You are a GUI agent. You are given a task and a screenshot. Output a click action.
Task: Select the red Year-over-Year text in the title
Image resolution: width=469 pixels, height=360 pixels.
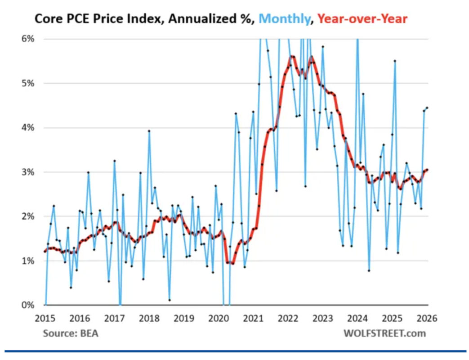coord(362,18)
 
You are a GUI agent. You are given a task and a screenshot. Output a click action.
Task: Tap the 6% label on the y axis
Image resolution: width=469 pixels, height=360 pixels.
coord(28,39)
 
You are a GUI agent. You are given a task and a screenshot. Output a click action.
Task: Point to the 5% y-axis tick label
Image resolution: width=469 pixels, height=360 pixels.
coord(28,83)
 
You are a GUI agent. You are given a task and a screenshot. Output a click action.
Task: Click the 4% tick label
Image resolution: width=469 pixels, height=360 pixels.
coord(28,128)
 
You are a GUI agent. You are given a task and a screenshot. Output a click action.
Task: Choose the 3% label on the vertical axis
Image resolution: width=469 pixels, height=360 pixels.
coord(28,172)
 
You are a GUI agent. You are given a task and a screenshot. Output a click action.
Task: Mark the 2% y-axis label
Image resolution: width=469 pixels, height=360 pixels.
coord(28,216)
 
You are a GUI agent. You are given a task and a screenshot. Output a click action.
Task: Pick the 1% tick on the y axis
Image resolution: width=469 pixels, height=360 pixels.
coord(28,261)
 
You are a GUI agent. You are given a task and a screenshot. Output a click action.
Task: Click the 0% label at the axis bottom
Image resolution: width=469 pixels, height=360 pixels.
coord(28,305)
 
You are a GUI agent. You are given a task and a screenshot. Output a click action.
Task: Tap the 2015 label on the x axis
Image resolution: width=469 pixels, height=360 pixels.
coord(45,318)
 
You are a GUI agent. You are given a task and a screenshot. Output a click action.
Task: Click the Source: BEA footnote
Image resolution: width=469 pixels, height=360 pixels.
coord(70,333)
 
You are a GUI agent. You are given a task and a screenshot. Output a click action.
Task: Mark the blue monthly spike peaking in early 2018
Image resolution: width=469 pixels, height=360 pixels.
coord(149,131)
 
